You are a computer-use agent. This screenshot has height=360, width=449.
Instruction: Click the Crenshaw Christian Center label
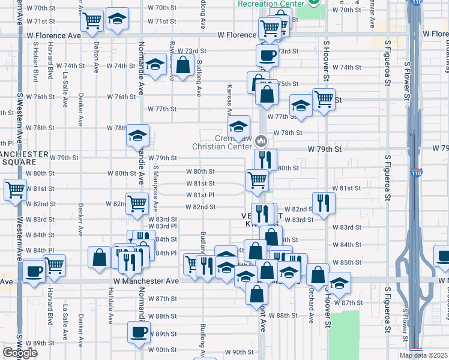[222, 142]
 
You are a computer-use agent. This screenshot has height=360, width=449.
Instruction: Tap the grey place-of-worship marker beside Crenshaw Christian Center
[261, 141]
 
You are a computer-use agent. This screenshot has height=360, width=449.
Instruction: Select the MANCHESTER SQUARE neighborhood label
[24, 158]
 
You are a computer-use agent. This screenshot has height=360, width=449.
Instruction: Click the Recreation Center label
[272, 4]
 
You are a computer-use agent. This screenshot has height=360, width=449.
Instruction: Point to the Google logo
[19, 353]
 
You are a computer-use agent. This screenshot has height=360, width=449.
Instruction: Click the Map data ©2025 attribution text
[423, 355]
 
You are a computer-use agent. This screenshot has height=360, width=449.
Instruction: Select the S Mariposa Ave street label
[155, 189]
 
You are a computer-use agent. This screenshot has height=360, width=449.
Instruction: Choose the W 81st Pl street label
[200, 195]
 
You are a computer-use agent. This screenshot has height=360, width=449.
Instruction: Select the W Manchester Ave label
[146, 281]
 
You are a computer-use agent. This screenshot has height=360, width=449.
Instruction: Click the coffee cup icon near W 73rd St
[267, 56]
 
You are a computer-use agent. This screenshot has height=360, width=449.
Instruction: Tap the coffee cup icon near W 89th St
[138, 332]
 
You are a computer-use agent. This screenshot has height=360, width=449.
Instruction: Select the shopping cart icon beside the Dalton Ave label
[92, 21]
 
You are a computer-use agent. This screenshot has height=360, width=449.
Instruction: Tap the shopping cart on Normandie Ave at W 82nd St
[137, 203]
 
